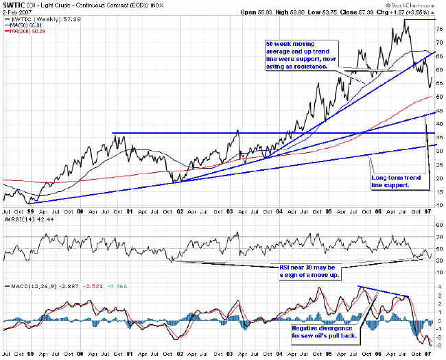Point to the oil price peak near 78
[406, 20]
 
